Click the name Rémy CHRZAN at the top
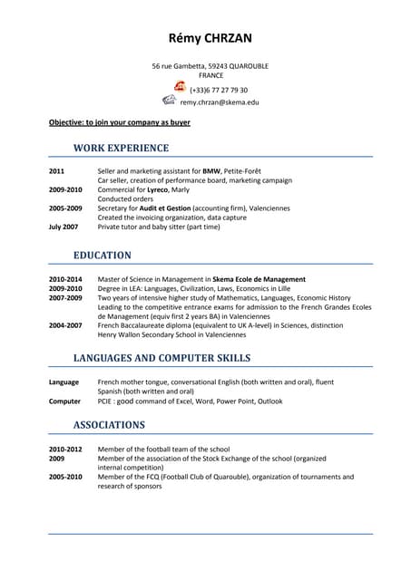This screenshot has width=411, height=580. click(x=210, y=38)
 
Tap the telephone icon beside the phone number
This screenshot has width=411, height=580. click(x=180, y=87)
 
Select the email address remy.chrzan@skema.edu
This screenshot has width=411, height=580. click(x=219, y=102)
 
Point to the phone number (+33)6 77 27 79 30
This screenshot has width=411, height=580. click(x=218, y=90)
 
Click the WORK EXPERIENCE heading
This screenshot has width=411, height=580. click(x=121, y=148)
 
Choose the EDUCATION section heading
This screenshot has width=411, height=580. click(x=102, y=256)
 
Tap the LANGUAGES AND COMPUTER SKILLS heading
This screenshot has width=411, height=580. click(x=161, y=358)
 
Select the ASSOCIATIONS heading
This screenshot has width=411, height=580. click(x=109, y=424)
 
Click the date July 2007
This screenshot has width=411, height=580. click(x=63, y=227)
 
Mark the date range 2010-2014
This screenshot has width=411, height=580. click(x=65, y=279)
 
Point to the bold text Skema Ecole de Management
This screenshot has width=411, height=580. click(x=259, y=279)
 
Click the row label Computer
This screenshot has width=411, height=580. click(x=64, y=401)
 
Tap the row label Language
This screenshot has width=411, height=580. click(x=64, y=382)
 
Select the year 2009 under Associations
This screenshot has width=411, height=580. click(x=57, y=459)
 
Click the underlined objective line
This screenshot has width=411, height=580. click(x=119, y=121)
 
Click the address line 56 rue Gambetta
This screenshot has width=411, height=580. click(x=210, y=66)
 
